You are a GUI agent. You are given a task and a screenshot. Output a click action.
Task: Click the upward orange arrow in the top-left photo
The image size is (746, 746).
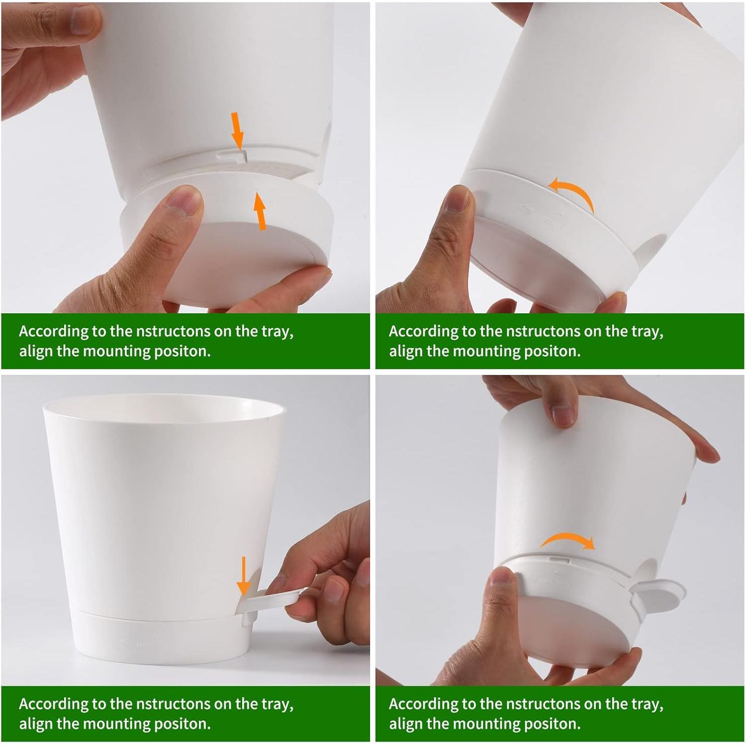259,211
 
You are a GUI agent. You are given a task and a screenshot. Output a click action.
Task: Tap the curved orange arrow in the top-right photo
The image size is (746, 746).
573,193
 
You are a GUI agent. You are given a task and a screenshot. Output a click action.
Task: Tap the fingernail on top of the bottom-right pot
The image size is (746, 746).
563,416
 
